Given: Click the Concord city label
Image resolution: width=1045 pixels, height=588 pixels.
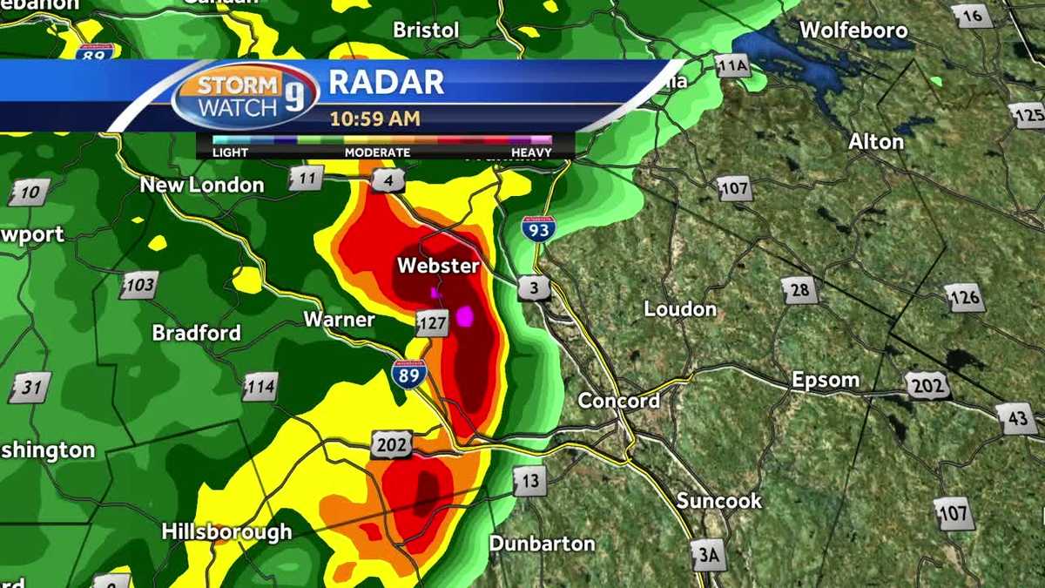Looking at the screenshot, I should [x=619, y=401].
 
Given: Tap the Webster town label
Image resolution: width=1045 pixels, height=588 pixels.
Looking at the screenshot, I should [x=438, y=265].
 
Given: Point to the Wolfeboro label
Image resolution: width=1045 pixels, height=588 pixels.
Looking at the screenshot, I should [x=853, y=30].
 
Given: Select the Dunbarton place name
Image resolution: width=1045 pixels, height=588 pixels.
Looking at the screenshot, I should [x=542, y=544].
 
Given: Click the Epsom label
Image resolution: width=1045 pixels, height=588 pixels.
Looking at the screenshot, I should [x=825, y=380].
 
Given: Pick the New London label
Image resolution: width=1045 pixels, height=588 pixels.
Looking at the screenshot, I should [x=202, y=185].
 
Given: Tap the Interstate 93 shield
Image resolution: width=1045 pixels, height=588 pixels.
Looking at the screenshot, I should [x=538, y=228].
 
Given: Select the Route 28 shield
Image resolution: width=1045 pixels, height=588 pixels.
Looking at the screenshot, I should [x=799, y=290].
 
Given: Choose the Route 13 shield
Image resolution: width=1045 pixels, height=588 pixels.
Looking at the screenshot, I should [x=529, y=480].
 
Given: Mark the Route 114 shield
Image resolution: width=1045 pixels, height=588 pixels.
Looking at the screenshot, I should [x=260, y=388].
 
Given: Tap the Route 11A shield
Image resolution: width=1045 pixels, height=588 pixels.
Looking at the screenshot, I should [x=731, y=64].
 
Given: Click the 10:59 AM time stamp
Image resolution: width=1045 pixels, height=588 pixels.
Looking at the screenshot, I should [x=374, y=118].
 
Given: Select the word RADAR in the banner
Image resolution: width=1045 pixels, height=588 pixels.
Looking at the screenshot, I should [x=387, y=83].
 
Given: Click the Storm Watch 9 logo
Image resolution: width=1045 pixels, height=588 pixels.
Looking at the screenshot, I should [x=246, y=96].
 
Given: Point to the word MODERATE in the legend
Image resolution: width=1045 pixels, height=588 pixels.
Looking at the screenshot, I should [x=377, y=152].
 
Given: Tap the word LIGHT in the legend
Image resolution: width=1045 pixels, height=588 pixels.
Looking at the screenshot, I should [x=230, y=152].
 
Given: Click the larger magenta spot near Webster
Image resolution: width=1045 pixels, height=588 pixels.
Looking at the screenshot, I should [x=466, y=316].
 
